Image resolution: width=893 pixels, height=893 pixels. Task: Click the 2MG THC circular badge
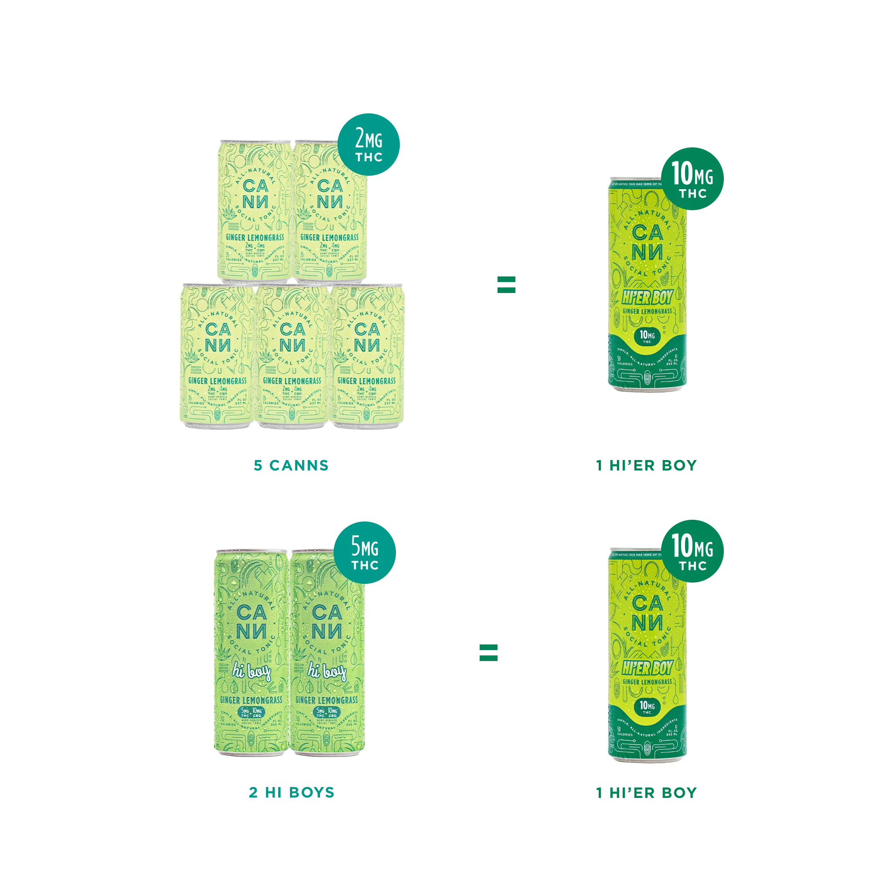tap(369, 144)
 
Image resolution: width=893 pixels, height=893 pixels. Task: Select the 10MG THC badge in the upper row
tap(692, 179)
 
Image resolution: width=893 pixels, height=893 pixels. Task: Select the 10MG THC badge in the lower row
tap(692, 552)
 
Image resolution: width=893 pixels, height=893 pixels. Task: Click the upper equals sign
tap(506, 284)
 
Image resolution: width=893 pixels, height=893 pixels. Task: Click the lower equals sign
tap(488, 652)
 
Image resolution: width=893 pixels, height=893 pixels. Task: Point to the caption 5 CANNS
tap(290, 464)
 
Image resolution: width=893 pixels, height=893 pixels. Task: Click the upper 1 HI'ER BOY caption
tap(645, 464)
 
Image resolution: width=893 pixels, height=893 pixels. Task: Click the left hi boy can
tap(252, 652)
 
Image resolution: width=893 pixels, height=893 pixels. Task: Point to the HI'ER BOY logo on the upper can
tap(647, 298)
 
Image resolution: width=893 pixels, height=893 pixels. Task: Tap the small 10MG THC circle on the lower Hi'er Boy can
tap(647, 706)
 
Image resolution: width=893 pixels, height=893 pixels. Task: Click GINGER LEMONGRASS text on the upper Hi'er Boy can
tap(647, 311)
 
